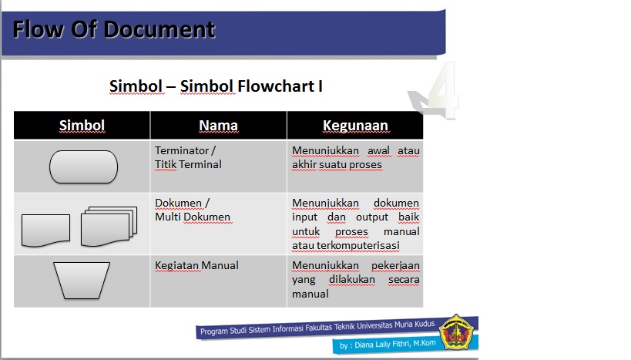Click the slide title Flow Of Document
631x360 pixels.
(113, 29)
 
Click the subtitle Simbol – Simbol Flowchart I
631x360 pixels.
(216, 86)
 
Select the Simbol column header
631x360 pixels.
(82, 125)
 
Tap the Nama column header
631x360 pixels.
(218, 125)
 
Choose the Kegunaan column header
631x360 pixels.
(355, 125)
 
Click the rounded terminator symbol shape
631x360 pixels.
(83, 167)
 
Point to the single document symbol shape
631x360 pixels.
(45, 229)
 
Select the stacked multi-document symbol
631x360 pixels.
(109, 224)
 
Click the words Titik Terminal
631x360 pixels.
(188, 164)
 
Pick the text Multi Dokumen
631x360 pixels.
(193, 217)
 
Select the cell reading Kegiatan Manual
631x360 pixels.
(197, 265)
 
